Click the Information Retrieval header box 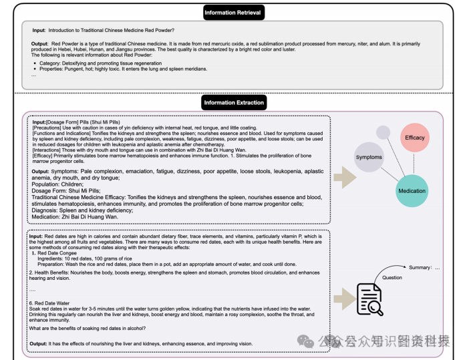coord(233,12)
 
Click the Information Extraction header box coord(233,102)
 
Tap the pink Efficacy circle coord(414,138)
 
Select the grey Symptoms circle coord(369,157)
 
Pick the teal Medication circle coord(412,190)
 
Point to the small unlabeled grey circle coord(383,132)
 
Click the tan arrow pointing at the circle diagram coord(344,177)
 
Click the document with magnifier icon coord(369,299)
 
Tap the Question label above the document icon coord(392,278)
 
